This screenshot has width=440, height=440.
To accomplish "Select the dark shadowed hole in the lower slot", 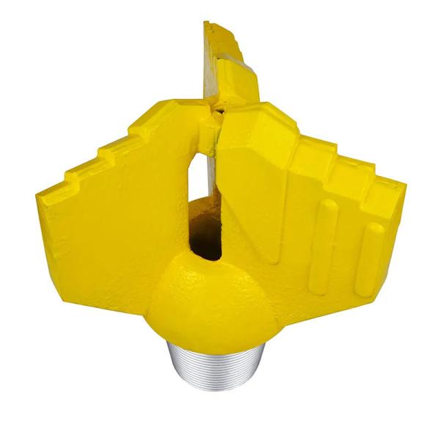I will click(x=206, y=238).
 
